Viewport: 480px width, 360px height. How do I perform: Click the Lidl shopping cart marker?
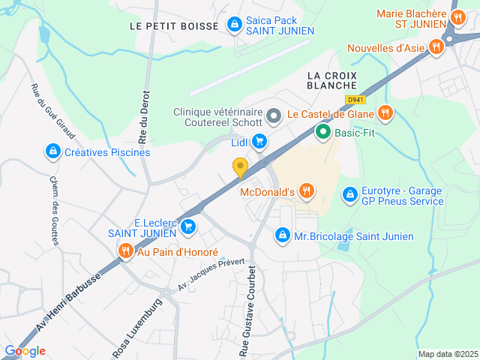coord(259,141)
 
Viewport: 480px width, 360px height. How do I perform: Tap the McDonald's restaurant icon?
coord(306,191)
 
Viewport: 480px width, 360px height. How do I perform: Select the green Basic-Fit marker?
coord(323,133)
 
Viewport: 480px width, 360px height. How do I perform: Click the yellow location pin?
coord(240,168)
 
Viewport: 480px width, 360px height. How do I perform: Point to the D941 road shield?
coord(355,100)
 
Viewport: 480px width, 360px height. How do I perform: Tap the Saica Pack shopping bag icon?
coord(235,25)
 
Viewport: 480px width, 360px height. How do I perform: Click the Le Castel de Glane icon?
coord(385,113)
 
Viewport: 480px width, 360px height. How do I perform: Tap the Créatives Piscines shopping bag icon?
coord(52,152)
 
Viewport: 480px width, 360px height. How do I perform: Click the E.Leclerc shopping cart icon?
coord(188,224)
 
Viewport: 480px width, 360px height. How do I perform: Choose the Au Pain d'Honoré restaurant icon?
coord(125,251)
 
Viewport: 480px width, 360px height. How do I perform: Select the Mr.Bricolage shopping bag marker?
coord(282,235)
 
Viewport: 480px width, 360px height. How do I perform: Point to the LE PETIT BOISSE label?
coord(174,25)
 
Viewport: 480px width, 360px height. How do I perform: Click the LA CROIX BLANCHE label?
coord(331,80)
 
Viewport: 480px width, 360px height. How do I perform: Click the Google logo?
coord(25,351)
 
